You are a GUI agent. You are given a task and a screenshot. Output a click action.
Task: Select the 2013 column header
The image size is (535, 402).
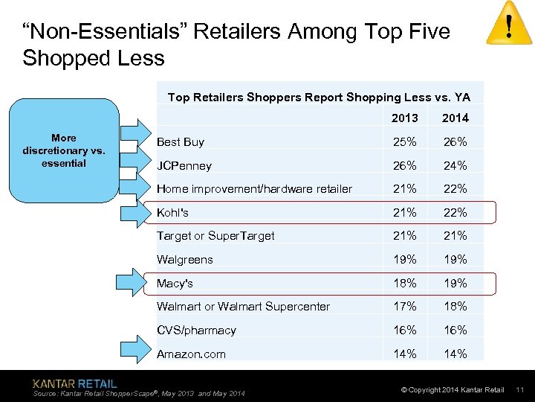(405, 118)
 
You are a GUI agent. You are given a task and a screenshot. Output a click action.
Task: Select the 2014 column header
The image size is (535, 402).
(455, 118)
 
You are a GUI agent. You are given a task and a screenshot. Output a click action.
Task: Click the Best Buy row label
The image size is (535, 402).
(181, 141)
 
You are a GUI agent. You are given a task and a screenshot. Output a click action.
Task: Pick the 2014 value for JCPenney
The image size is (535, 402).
(455, 165)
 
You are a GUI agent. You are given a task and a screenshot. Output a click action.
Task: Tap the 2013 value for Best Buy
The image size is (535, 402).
(405, 141)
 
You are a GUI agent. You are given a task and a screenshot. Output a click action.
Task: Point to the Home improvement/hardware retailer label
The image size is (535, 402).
(254, 189)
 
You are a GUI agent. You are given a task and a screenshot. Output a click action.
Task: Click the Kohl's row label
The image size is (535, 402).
(172, 213)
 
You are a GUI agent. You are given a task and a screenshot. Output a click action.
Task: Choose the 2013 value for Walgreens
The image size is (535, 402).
(405, 260)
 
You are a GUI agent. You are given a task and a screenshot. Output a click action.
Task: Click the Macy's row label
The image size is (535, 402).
(175, 284)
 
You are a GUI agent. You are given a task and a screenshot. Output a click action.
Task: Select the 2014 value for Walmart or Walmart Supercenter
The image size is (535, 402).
(455, 307)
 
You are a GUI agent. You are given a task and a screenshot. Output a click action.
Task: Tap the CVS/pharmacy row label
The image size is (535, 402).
(196, 331)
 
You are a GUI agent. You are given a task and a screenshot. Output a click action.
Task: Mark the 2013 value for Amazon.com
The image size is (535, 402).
(405, 354)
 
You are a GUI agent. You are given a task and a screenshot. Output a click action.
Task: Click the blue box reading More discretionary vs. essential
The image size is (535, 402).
(64, 150)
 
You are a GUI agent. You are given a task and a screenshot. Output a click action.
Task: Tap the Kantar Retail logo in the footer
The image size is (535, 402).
(74, 383)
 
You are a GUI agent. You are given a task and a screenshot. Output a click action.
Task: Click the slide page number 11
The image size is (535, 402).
(520, 390)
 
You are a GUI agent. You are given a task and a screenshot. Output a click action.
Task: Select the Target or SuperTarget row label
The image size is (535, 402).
(215, 236)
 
